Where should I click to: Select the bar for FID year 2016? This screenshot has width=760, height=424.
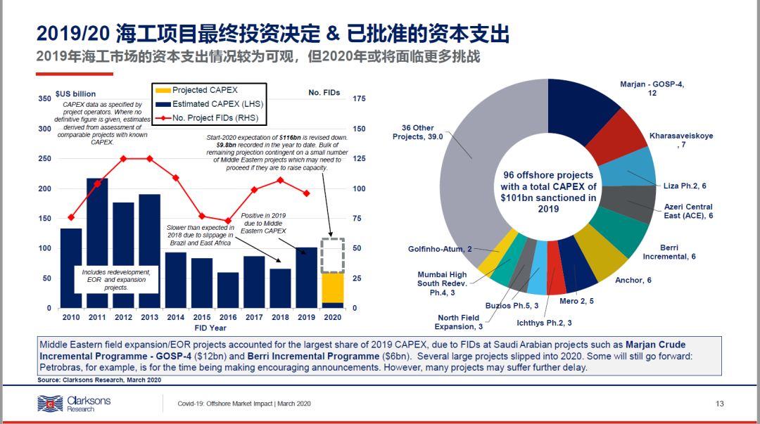click(x=228, y=290)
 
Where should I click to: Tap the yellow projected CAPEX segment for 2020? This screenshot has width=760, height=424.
click(x=332, y=288)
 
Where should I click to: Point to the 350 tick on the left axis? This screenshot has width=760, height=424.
click(x=45, y=99)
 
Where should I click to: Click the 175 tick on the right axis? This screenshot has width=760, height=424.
click(x=359, y=99)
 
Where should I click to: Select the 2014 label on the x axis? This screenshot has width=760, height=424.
click(x=176, y=318)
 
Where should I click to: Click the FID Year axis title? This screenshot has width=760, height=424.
click(x=210, y=328)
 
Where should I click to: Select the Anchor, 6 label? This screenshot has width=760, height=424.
click(x=633, y=280)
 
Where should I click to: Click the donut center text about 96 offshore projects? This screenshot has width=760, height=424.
click(x=548, y=191)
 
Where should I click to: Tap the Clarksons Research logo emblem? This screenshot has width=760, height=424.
click(x=51, y=404)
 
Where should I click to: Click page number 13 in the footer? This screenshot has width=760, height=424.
click(x=719, y=404)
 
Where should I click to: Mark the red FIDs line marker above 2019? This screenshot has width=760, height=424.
click(x=306, y=193)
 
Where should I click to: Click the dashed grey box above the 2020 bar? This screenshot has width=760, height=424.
click(x=332, y=255)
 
